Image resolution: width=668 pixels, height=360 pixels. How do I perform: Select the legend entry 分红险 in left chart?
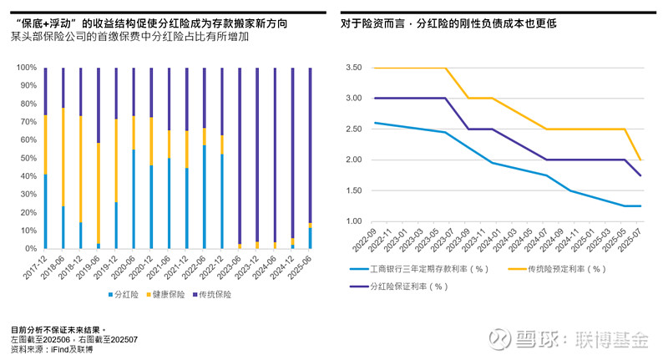(x=125, y=295)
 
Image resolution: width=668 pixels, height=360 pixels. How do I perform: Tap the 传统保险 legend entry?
(x=216, y=295)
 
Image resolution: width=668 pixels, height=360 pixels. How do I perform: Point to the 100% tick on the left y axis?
(x=26, y=68)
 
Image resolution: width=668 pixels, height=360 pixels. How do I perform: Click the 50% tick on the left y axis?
(x=28, y=159)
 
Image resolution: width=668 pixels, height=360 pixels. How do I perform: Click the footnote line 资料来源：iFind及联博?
(x=52, y=348)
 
